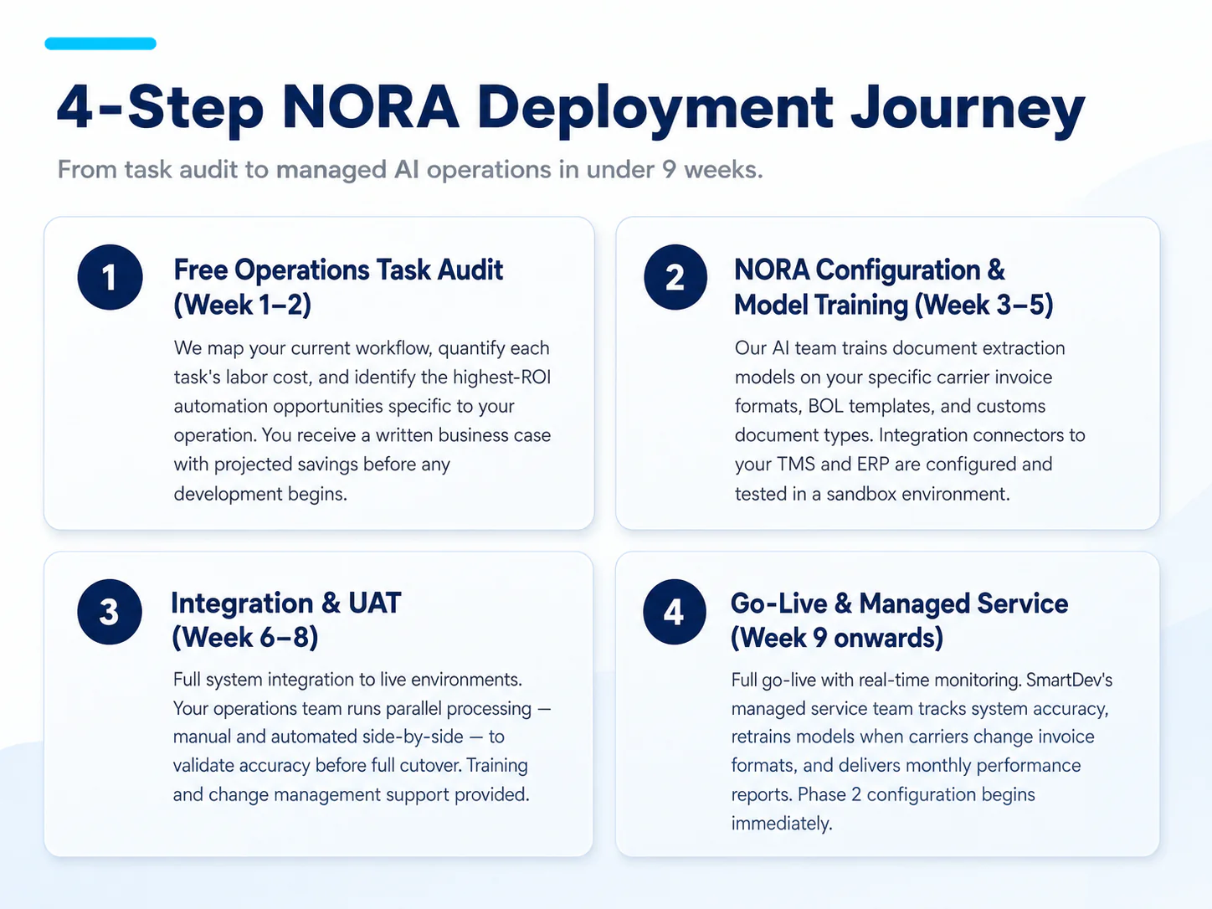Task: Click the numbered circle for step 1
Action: [x=110, y=277]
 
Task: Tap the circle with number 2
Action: [x=675, y=277]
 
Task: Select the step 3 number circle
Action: [x=110, y=612]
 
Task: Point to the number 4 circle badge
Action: [x=674, y=612]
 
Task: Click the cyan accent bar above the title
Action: [x=100, y=44]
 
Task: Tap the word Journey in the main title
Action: [x=968, y=111]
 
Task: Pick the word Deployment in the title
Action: [x=655, y=110]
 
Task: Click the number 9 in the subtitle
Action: [x=669, y=169]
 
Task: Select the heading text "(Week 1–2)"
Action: [x=243, y=305]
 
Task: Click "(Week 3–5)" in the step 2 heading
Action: [x=984, y=305]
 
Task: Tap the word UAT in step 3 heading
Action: [x=374, y=603]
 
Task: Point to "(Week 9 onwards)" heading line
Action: [x=836, y=638]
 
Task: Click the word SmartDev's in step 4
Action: [x=1069, y=680]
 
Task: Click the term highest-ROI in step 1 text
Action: [x=502, y=377]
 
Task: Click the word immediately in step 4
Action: [x=781, y=824]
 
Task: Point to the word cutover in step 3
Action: [x=430, y=766]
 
